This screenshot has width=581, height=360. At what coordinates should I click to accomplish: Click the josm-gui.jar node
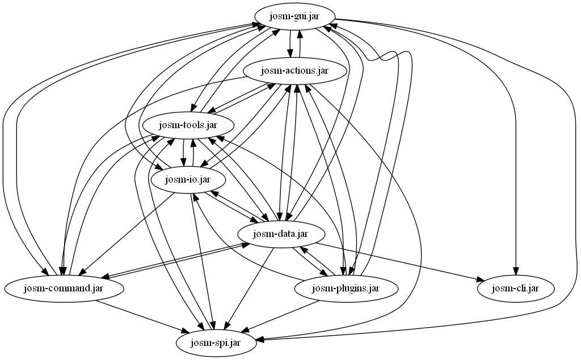click(295, 16)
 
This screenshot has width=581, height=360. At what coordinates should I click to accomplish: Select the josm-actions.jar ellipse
click(294, 70)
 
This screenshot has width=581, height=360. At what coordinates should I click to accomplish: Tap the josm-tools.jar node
click(188, 125)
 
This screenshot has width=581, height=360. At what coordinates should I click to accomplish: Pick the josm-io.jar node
click(188, 180)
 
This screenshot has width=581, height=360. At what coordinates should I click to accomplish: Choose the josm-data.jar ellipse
click(281, 234)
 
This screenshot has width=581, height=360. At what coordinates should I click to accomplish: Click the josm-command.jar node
click(64, 288)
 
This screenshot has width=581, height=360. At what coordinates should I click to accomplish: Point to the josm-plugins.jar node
click(346, 288)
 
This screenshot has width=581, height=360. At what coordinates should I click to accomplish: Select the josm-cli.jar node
click(516, 288)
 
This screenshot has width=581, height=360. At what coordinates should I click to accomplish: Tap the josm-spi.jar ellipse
click(216, 342)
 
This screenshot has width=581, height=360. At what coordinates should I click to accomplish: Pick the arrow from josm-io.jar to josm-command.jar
click(126, 234)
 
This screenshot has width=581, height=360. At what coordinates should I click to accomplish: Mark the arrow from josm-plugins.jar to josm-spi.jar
click(281, 315)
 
